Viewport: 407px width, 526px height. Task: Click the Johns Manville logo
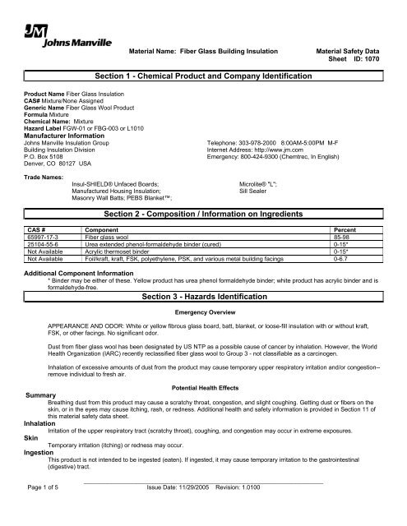tap(47, 34)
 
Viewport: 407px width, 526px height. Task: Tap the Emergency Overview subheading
tap(203, 312)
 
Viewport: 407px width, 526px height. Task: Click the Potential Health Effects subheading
tap(203, 385)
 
